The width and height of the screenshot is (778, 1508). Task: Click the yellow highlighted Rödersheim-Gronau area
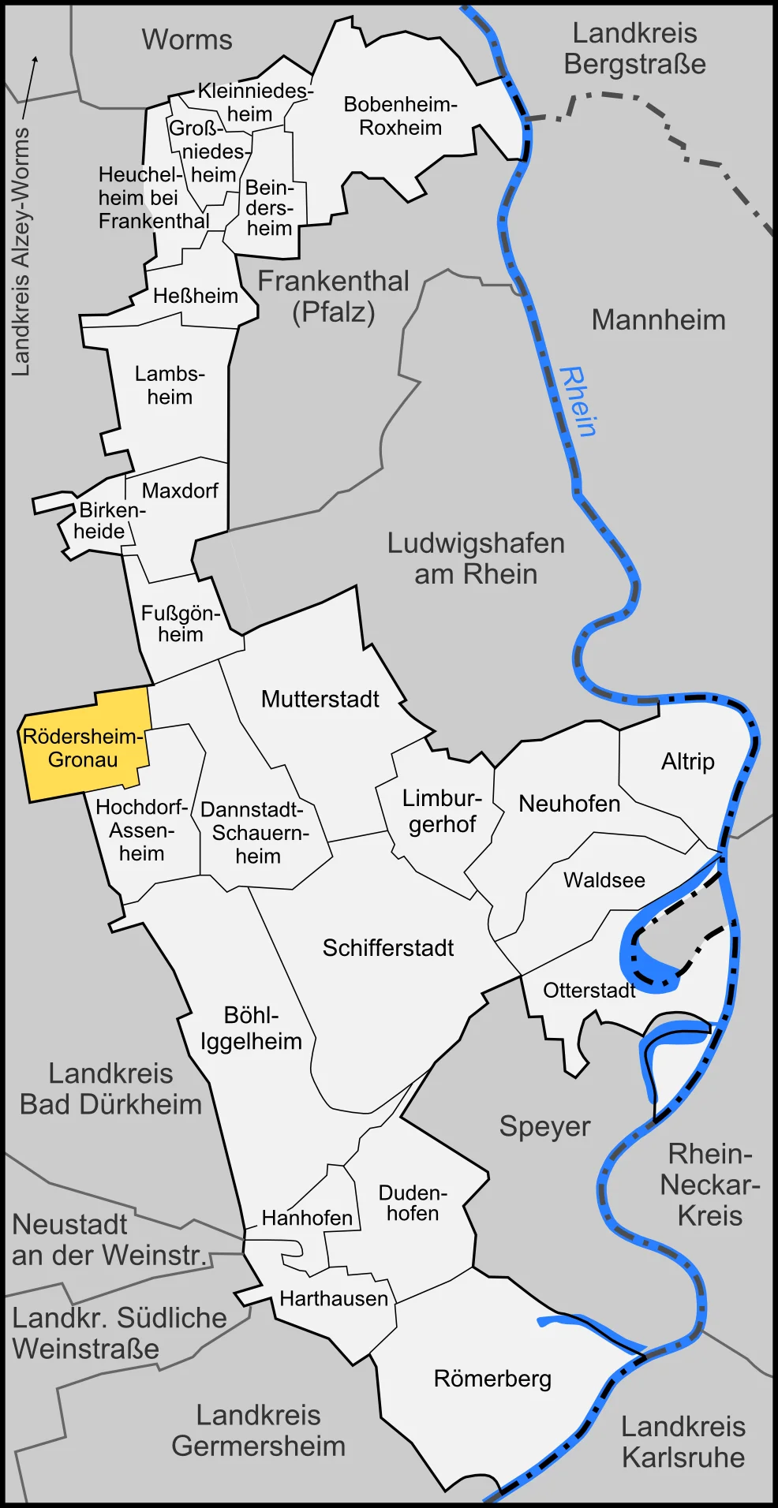[83, 748]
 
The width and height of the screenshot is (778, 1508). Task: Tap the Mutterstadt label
[320, 700]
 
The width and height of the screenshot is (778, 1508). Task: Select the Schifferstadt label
[387, 948]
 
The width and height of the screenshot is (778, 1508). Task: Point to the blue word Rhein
[578, 402]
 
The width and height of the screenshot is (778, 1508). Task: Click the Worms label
[187, 39]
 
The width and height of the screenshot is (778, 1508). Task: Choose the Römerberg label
[492, 1379]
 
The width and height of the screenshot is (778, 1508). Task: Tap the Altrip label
[687, 762]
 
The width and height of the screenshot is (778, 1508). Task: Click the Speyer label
[544, 1126]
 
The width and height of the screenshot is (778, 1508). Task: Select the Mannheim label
[658, 320]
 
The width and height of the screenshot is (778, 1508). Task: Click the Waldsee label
[604, 880]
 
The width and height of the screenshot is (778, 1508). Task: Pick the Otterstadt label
[589, 990]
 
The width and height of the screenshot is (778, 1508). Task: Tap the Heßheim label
[195, 296]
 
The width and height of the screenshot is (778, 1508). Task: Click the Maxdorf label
[180, 491]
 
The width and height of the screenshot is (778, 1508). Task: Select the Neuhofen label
[569, 804]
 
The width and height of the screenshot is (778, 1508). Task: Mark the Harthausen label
[334, 1299]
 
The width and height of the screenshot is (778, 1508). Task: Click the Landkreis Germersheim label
[259, 1431]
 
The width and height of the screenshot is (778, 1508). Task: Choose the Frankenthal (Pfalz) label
[334, 297]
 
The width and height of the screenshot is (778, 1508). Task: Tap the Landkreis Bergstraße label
[634, 49]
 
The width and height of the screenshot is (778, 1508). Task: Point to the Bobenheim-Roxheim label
[400, 116]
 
